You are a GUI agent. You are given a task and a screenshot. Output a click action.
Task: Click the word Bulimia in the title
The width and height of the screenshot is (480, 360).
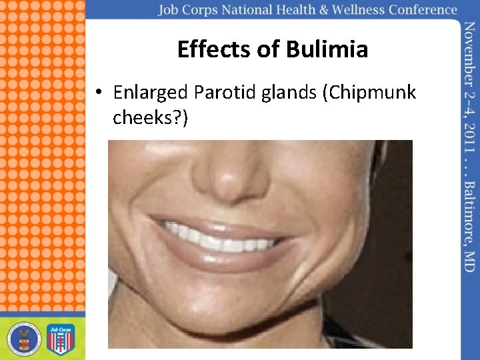point(327,49)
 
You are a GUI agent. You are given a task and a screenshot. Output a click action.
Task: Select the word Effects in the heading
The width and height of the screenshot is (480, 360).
point(214,49)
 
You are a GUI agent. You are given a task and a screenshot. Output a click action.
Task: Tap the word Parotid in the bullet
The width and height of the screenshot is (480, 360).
point(225,92)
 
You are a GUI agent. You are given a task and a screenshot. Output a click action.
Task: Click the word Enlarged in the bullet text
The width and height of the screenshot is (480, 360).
point(150,93)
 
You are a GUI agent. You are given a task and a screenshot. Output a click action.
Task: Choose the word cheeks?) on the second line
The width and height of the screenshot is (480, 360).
point(150,117)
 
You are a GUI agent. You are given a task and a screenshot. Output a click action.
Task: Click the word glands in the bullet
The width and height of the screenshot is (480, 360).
point(289,93)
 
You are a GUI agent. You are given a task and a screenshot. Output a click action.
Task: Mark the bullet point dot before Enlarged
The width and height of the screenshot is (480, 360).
point(99,91)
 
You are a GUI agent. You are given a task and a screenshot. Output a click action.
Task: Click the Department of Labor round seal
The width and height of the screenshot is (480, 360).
point(24,339)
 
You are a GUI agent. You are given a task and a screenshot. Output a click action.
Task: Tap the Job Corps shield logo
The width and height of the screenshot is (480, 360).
point(61,339)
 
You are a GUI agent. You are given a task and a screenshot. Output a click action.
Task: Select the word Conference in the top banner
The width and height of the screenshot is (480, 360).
point(423,10)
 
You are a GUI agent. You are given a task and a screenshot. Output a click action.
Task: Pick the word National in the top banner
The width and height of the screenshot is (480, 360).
point(247,10)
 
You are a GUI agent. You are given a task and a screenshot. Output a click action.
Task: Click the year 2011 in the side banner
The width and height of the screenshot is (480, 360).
point(469,139)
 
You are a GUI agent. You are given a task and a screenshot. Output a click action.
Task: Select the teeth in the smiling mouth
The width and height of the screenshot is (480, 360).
point(219,239)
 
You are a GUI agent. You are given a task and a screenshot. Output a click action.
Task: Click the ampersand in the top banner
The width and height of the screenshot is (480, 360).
point(323,10)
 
